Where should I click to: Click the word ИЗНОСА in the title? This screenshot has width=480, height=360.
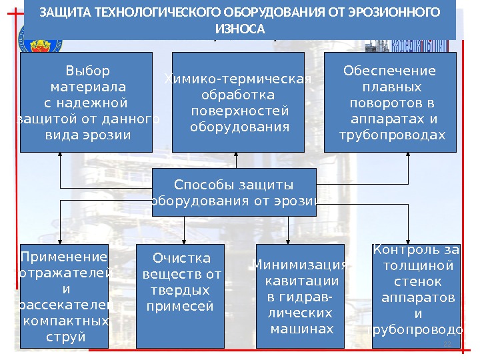click(240, 30)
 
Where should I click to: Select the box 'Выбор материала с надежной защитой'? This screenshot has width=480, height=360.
click(86, 103)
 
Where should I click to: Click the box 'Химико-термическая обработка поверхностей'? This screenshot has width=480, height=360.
click(238, 103)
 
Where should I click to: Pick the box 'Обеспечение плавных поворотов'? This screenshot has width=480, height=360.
click(389, 103)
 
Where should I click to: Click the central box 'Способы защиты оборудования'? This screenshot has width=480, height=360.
click(233, 193)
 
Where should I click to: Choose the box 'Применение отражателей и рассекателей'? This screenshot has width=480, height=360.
click(63, 297)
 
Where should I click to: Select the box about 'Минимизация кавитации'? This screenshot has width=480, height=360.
click(299, 297)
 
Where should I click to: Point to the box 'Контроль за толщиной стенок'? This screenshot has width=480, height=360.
click(413, 297)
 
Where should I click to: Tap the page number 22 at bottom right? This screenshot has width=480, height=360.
click(447, 343)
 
